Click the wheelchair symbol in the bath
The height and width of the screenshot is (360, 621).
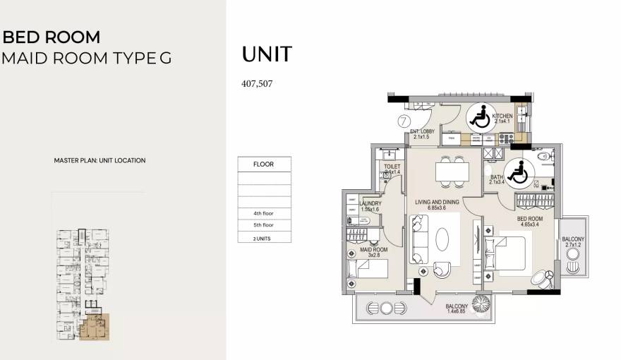521,171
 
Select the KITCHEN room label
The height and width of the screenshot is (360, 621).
502,116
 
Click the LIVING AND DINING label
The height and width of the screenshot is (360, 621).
437,203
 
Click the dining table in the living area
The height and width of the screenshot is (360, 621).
451,171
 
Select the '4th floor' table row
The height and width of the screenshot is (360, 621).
264,212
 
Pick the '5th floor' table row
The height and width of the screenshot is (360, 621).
264,225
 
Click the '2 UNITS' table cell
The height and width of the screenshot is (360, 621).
264,238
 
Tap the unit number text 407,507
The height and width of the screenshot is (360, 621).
257,83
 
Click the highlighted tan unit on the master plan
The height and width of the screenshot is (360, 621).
93,329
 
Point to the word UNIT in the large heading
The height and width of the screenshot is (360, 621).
267,54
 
